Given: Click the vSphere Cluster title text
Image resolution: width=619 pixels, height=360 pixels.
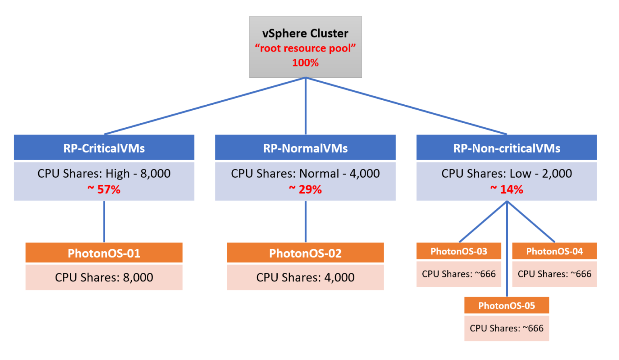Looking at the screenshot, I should (305, 33).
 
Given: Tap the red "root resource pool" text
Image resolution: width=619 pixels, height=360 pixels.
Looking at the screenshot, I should (305, 48).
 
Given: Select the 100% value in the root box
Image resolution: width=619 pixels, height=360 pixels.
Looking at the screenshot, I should (305, 63).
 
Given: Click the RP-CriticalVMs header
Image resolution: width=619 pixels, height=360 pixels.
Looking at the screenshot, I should (104, 148).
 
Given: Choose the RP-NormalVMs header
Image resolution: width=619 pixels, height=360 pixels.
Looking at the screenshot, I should (305, 148).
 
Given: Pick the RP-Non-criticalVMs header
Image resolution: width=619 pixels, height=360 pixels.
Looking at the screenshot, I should (507, 148).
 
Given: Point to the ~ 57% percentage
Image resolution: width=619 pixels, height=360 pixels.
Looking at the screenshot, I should (104, 189).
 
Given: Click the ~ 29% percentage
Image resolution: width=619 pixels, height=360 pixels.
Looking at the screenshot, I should (305, 189).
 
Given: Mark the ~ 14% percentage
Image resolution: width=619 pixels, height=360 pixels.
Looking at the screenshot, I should (507, 189).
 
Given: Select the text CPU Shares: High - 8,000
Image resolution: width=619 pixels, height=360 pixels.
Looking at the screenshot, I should (104, 174).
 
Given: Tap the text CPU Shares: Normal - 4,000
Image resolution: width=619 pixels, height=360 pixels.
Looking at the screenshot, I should (305, 174).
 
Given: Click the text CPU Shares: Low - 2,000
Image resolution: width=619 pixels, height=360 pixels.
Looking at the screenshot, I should (507, 174).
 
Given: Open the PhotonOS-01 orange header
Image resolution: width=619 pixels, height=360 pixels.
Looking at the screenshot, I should (104, 253).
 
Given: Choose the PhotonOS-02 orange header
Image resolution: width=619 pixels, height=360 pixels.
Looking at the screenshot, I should (305, 253).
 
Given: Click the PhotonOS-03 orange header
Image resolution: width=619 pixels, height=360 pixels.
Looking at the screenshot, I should (459, 251).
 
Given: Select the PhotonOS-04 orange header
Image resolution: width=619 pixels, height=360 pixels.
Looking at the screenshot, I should (555, 251).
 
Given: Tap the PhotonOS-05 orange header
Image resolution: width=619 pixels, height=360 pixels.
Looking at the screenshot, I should (507, 306).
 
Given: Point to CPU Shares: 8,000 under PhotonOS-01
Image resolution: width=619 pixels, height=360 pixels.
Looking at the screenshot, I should (104, 277).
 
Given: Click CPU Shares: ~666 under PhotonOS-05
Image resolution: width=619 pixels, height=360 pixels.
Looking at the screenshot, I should (507, 328).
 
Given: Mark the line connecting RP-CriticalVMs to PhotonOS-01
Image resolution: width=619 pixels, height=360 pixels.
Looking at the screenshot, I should (104, 221).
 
